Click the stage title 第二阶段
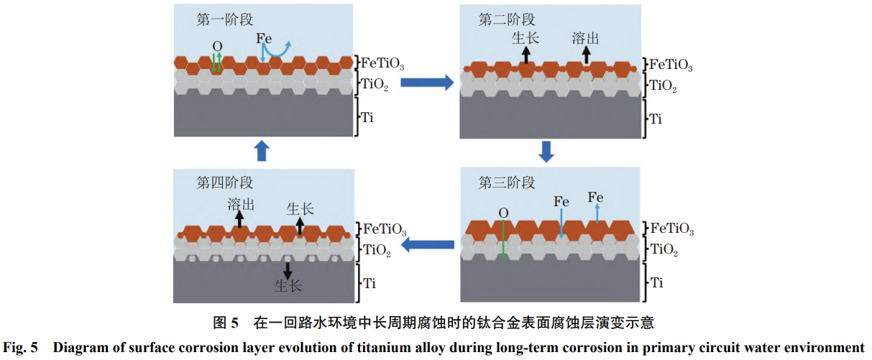pos(507,20)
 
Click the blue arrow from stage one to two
pos(426,83)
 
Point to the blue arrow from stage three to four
pos(427,246)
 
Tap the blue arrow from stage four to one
pos(262,151)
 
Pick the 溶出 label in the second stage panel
pos(586,38)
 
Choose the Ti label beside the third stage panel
pos(656,282)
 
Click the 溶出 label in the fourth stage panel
pos(241,205)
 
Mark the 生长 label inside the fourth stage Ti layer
pos(288,286)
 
